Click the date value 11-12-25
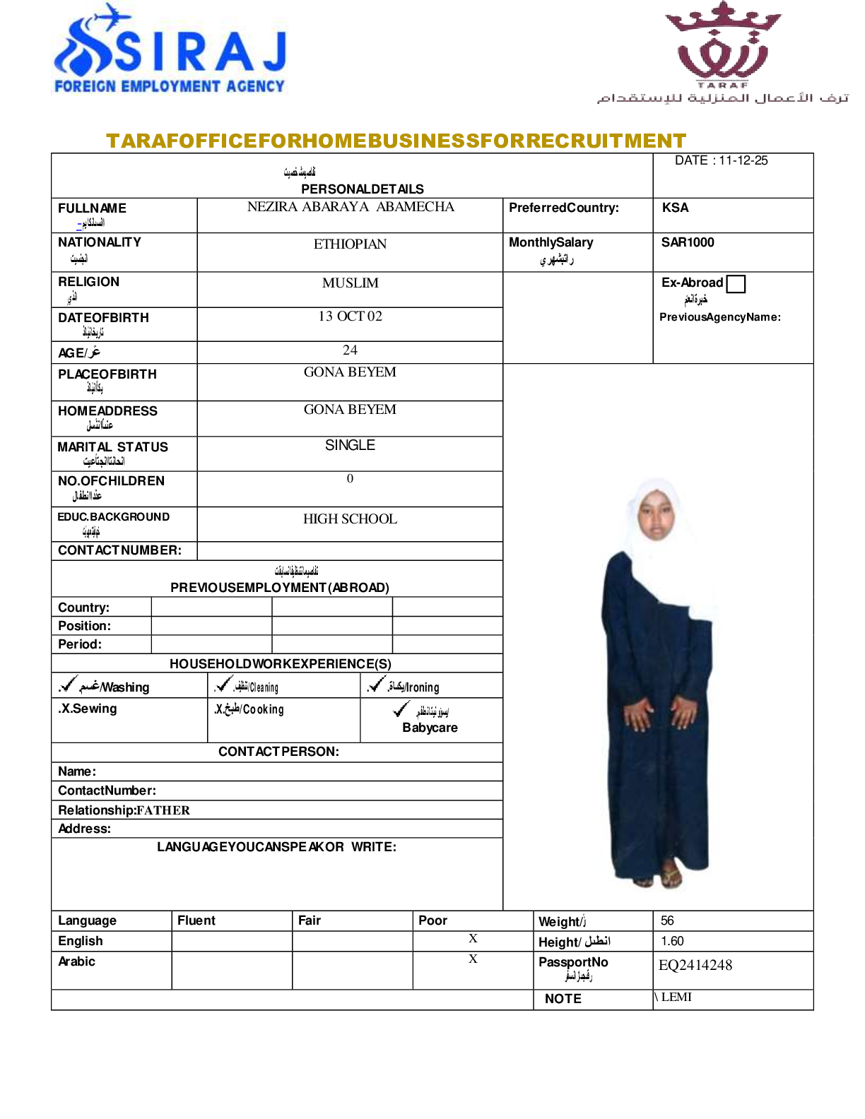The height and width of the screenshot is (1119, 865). (743, 160)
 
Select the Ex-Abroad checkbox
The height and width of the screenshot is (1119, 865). (736, 283)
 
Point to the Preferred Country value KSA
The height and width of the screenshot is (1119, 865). (675, 208)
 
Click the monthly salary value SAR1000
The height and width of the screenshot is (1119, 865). (688, 242)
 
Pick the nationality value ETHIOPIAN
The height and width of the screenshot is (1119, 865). (350, 244)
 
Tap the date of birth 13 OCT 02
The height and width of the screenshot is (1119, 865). (350, 316)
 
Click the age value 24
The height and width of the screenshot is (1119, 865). (350, 350)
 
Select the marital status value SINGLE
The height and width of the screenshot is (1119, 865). (350, 446)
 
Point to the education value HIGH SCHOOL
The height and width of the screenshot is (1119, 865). (350, 519)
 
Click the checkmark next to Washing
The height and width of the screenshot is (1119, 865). (68, 684)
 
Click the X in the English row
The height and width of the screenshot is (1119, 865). (473, 939)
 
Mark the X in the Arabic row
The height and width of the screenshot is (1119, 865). (473, 959)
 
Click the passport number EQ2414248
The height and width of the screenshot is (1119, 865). (695, 966)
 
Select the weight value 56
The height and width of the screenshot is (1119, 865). (667, 920)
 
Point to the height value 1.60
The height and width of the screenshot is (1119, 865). (672, 941)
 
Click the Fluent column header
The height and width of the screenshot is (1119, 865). (196, 920)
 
